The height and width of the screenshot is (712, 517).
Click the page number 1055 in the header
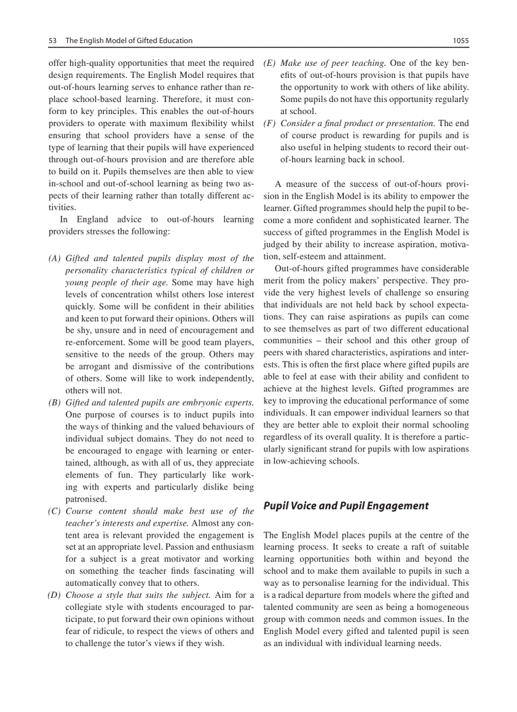[461, 41]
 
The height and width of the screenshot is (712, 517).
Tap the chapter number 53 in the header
[53, 41]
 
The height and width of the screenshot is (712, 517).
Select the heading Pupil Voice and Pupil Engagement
[346, 505]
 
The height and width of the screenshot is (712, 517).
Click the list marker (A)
[55, 258]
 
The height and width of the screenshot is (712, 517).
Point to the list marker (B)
[55, 403]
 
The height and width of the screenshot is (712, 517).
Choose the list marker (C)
[55, 511]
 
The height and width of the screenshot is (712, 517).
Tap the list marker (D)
[55, 595]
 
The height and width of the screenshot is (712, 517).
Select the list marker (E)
[270, 63]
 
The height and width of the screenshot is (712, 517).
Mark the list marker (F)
[270, 123]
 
